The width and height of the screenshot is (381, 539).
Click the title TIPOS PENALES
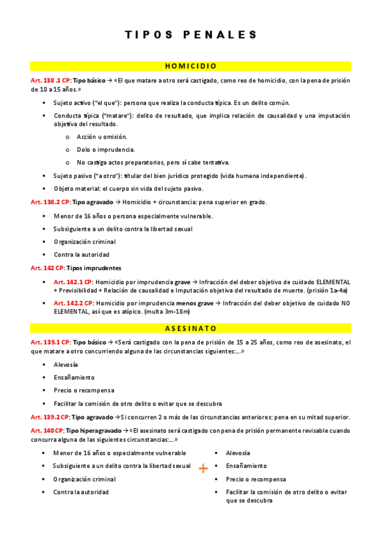pyautogui.click(x=191, y=34)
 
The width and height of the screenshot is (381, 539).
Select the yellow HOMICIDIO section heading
pyautogui.click(x=191, y=65)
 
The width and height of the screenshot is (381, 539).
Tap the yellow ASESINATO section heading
pyautogui.click(x=191, y=329)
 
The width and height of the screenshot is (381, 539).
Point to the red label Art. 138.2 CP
pyautogui.click(x=50, y=202)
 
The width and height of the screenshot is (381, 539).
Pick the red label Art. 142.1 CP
pyautogui.click(x=74, y=282)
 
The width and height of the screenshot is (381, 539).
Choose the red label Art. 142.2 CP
pyautogui.click(x=74, y=303)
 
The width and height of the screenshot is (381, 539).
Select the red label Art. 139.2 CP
pyautogui.click(x=50, y=417)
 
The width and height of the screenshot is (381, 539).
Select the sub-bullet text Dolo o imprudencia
pyautogui.click(x=106, y=149)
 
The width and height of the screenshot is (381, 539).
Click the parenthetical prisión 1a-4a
pyautogui.click(x=324, y=290)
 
